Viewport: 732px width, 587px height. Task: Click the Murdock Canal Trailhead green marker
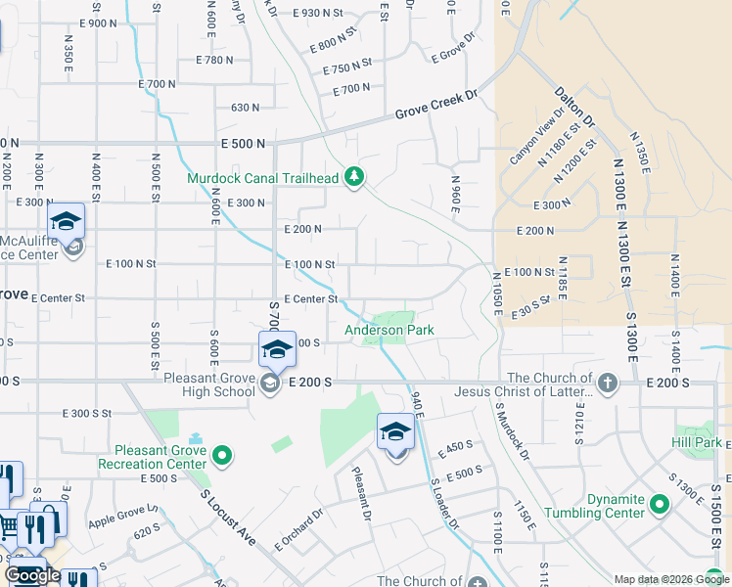355,178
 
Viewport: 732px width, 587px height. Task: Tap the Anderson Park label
389,331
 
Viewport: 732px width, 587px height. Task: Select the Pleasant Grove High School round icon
269,383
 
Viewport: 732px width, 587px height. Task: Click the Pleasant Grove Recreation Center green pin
222,454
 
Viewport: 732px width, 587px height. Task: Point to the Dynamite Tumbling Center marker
659,505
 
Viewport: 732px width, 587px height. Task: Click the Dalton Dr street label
574,106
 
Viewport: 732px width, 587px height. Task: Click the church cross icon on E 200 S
607,382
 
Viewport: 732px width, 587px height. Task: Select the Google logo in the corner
32,575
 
